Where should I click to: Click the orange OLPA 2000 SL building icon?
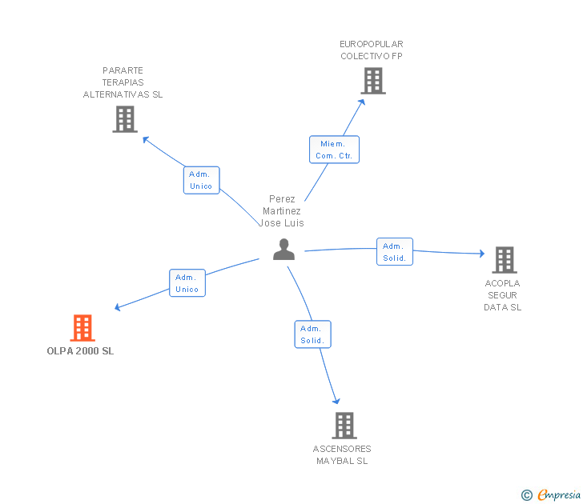click(x=82, y=328)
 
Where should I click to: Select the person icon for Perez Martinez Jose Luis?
click(x=283, y=250)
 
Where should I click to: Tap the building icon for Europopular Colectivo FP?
click(x=373, y=81)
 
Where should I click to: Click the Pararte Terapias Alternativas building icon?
click(x=125, y=119)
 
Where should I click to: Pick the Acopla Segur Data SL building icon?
click(x=505, y=260)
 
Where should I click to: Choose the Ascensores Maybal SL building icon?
click(x=344, y=426)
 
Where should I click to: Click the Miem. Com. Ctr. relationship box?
click(x=334, y=150)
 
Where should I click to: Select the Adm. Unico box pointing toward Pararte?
click(x=202, y=180)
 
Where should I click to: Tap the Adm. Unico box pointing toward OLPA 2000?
click(x=187, y=283)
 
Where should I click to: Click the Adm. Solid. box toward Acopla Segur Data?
click(x=395, y=251)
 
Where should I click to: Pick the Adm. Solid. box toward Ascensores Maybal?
click(x=312, y=334)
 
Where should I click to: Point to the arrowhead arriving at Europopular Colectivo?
click(x=362, y=102)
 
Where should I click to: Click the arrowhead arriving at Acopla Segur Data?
click(x=482, y=254)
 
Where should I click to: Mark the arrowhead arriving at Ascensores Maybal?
click(x=336, y=401)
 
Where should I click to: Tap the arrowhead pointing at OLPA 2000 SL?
click(x=118, y=307)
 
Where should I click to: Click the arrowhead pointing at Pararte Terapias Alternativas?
click(x=146, y=139)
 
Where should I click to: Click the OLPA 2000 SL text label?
click(x=80, y=351)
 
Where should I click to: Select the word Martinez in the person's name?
click(x=281, y=211)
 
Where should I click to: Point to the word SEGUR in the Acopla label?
click(x=502, y=295)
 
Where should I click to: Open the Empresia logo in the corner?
click(x=551, y=494)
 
